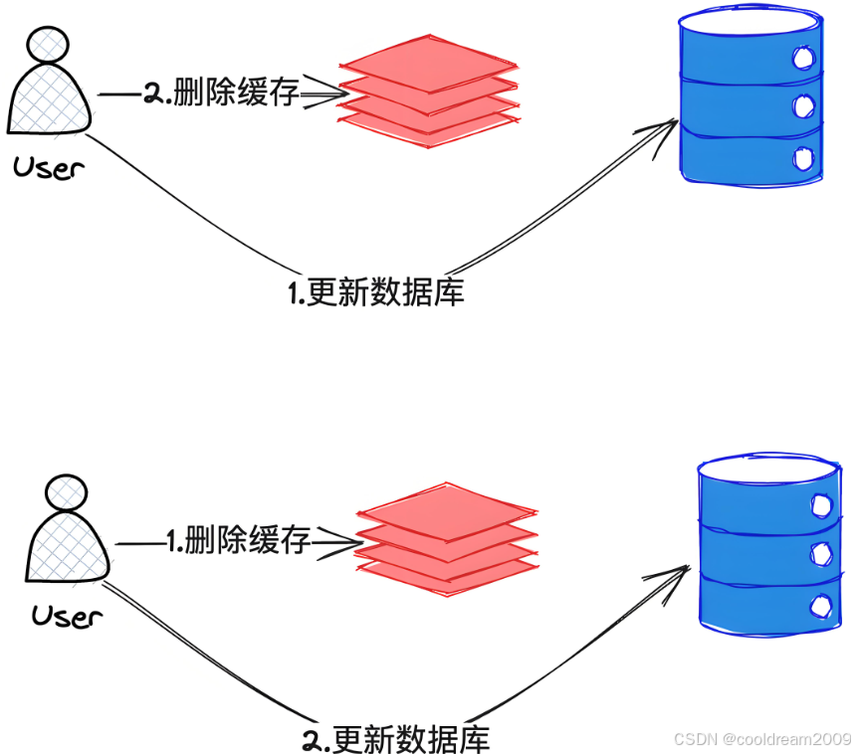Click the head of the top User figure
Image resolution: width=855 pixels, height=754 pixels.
click(x=48, y=44)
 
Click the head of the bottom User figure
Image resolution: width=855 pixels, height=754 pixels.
click(x=67, y=491)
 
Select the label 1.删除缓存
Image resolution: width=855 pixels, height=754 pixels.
click(x=238, y=541)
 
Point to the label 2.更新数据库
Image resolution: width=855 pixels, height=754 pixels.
click(x=395, y=739)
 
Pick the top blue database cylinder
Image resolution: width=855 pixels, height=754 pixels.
click(x=750, y=99)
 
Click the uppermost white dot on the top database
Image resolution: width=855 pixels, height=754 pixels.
click(x=802, y=59)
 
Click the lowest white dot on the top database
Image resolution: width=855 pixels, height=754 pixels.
click(x=802, y=156)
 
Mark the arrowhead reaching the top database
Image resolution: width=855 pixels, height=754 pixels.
click(x=666, y=128)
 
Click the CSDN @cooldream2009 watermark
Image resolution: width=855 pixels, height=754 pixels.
click(x=761, y=738)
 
